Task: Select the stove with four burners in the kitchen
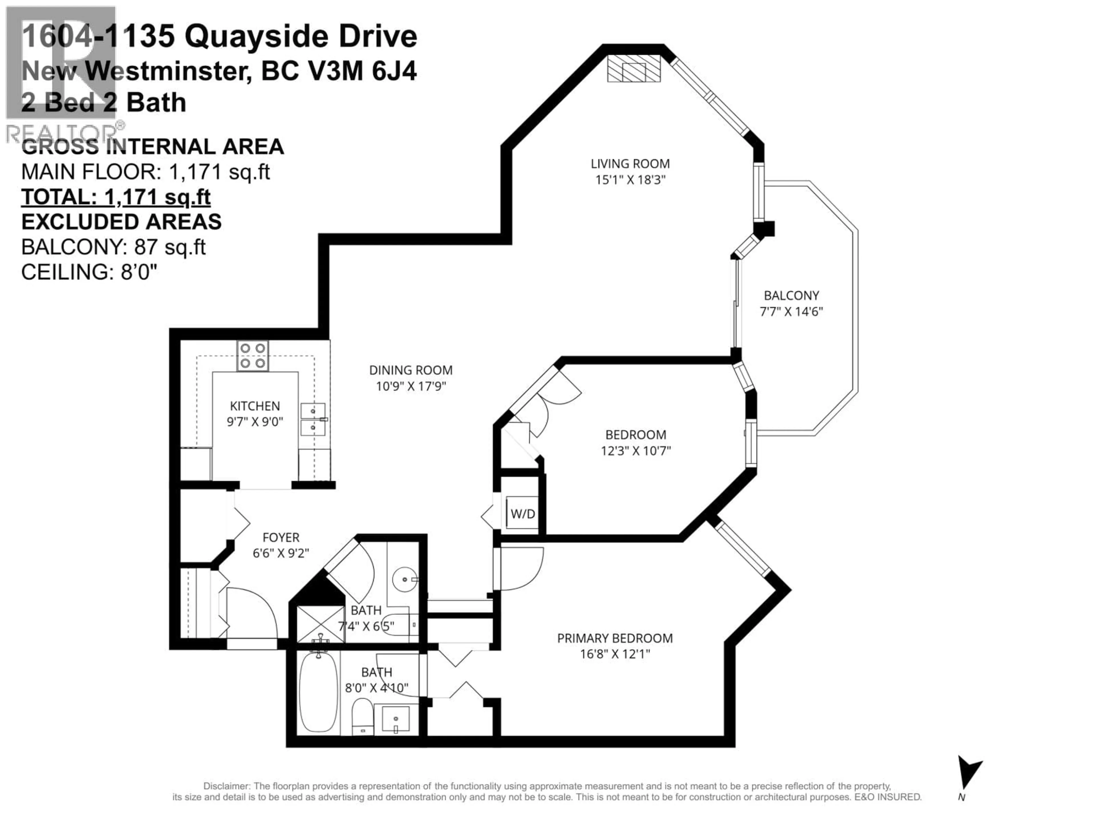pyautogui.click(x=252, y=356)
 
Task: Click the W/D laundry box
pyautogui.click(x=523, y=514)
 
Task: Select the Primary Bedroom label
pyautogui.click(x=615, y=638)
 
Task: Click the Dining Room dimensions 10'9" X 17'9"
pyautogui.click(x=411, y=386)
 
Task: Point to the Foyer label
pyautogui.click(x=281, y=537)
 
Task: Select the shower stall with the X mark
pyautogui.click(x=320, y=624)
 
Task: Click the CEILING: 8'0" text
pyautogui.click(x=89, y=272)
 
